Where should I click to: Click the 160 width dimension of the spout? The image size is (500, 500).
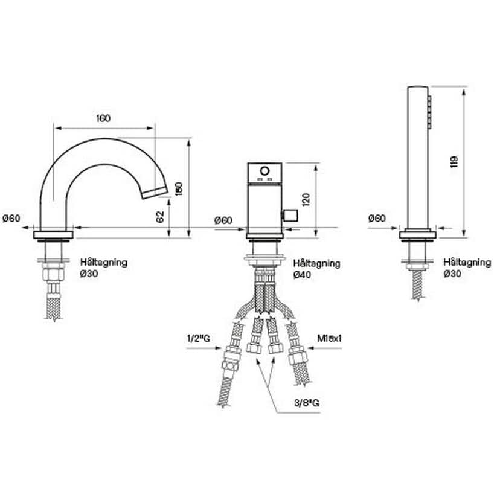pos(103,118)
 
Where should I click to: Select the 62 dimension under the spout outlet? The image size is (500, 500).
pos(161,217)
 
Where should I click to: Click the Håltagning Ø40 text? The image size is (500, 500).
pos(316,269)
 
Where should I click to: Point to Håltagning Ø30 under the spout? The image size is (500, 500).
pos(103,268)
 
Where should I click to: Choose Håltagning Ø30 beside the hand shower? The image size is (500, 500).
pos(466,268)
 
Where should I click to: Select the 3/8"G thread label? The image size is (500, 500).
pos(307,402)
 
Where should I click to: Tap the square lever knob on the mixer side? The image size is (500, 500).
pos(290,216)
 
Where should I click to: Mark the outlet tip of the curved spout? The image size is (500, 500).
pos(153,191)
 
